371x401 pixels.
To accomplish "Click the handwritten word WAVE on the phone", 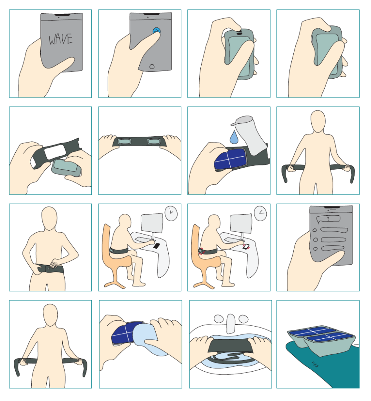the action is click(x=61, y=39).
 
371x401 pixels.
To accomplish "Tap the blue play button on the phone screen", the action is click(x=157, y=31).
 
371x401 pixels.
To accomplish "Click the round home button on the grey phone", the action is click(x=152, y=67).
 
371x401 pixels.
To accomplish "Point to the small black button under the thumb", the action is click(x=239, y=33).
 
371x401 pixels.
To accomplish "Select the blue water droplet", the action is click(x=234, y=137).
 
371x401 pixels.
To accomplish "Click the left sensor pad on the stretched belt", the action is click(x=124, y=141).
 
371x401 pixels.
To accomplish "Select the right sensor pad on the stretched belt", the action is click(x=154, y=141).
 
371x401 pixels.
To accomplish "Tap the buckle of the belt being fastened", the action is click(x=48, y=269).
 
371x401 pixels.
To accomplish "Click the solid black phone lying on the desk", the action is click(x=156, y=246).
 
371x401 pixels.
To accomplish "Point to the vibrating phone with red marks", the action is click(x=246, y=247).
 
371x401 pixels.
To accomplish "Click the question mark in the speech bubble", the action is click(x=328, y=219).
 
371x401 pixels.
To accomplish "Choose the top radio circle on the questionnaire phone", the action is click(x=315, y=230).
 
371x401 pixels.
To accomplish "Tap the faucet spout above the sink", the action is click(x=231, y=323).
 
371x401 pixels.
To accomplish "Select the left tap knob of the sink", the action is click(x=219, y=319).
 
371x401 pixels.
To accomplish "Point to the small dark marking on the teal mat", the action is click(x=315, y=364).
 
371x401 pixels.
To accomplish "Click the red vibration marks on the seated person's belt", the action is click(x=201, y=251).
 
